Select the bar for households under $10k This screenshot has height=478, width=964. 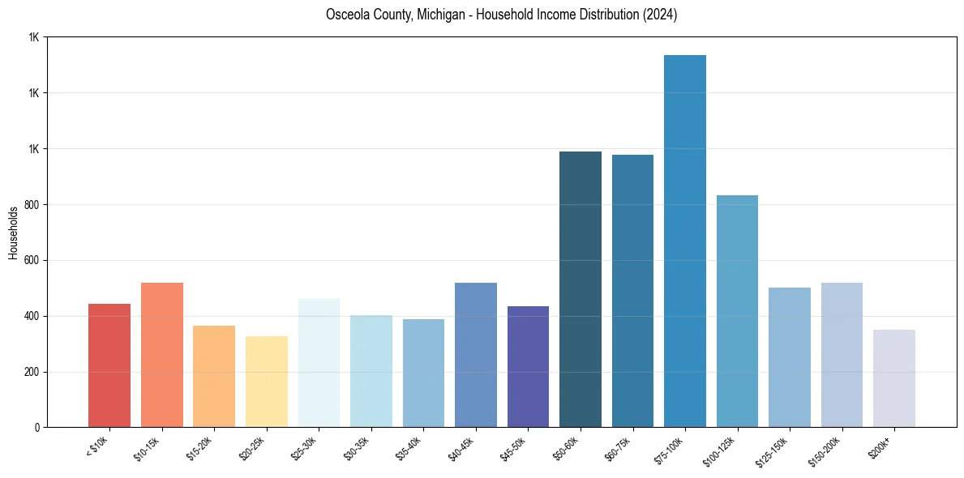pos(109,365)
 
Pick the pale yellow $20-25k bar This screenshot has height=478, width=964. pos(267,382)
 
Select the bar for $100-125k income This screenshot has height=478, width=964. pos(737,311)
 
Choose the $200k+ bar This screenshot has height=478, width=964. pos(894,378)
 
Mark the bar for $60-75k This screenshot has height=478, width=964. pos(632,291)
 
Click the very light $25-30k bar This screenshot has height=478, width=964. pos(319,363)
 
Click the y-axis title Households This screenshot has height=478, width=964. pos(14,233)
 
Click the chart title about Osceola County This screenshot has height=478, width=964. pos(501,15)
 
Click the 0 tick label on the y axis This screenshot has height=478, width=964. pos(37,428)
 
